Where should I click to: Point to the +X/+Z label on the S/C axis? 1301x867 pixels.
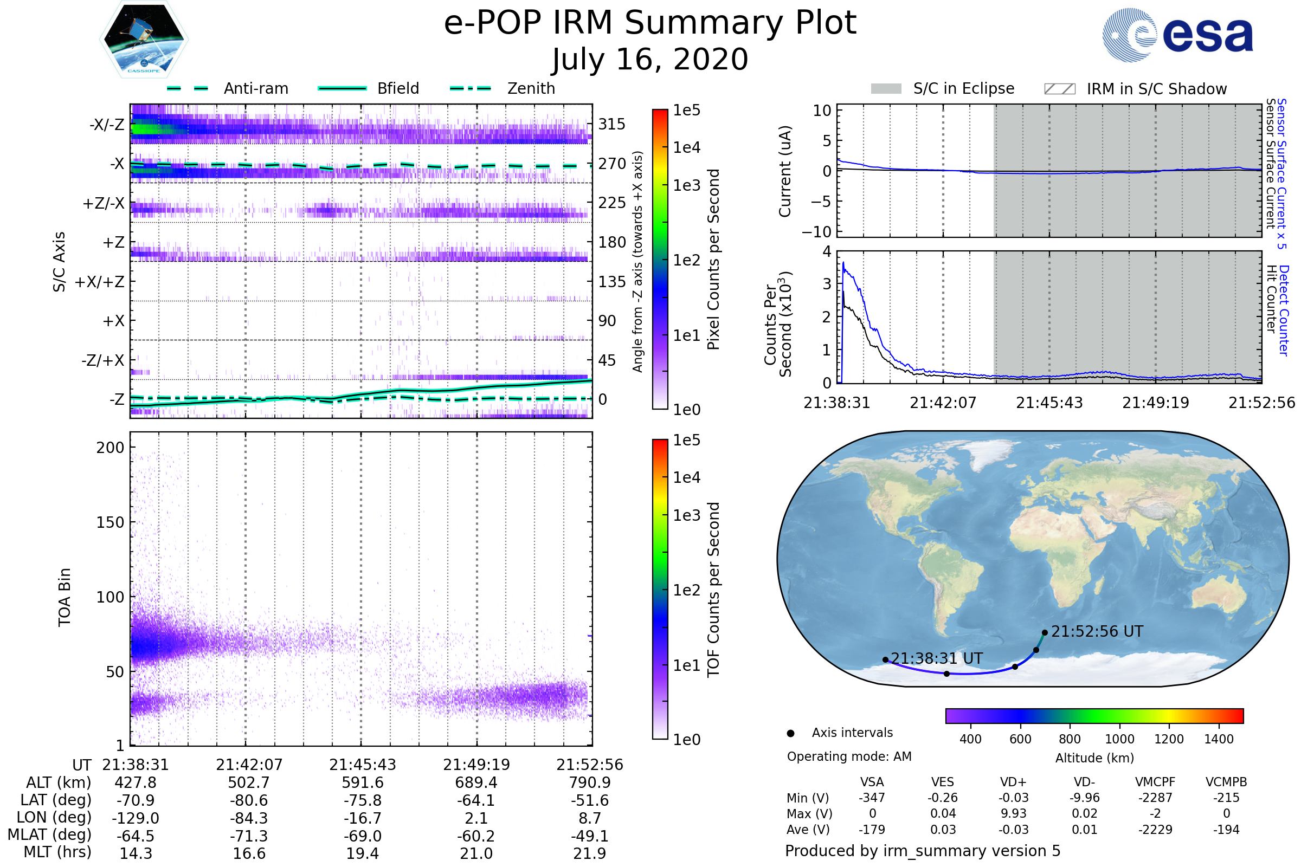click(100, 282)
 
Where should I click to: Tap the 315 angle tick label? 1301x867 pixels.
click(611, 124)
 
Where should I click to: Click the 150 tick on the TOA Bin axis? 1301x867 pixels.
click(110, 522)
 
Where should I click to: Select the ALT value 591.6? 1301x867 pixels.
click(362, 783)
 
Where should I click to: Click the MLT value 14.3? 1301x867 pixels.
click(136, 853)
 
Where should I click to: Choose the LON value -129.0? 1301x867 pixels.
click(136, 818)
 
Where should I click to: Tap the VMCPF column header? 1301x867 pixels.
click(1155, 782)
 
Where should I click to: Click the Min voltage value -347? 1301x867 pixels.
click(872, 798)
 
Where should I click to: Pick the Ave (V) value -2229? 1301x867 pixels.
click(1155, 830)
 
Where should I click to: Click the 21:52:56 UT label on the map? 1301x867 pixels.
click(1097, 631)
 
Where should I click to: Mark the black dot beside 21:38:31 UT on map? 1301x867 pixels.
click(886, 659)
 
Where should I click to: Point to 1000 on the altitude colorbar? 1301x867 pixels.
click(1119, 739)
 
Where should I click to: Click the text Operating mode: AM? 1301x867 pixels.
click(849, 756)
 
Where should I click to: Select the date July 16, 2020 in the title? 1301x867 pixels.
click(650, 60)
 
